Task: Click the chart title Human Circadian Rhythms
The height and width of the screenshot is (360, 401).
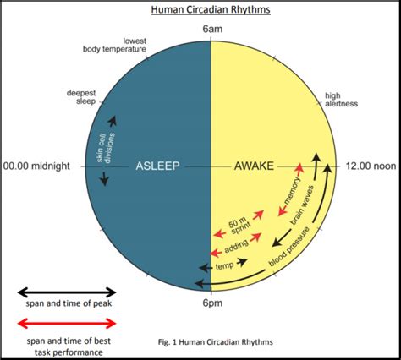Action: pos(211,9)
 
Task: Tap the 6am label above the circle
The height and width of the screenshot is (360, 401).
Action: pos(212,29)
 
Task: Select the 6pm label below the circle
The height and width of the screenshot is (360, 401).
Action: pos(212,303)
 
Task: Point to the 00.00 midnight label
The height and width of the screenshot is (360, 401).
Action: pos(36,166)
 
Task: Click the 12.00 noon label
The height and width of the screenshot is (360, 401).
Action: pos(371,166)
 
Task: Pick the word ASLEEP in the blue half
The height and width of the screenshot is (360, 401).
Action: pos(157,166)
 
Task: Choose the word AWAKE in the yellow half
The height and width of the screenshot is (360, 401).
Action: pos(254,166)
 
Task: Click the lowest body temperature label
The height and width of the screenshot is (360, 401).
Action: pos(114,45)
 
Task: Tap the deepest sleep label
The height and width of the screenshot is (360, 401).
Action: pos(81,97)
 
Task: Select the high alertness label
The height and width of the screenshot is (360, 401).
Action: pos(341,100)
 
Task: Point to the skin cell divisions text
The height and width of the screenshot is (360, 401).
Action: pos(106,148)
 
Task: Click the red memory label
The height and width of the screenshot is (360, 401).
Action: pos(292,191)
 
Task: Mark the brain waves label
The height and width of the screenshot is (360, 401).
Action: pos(302,205)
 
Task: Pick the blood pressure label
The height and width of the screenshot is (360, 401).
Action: pos(288,246)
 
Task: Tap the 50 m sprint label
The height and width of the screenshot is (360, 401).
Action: pos(239,226)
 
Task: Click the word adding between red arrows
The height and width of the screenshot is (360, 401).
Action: pos(236,246)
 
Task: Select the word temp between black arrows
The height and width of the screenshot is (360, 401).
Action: pos(224,265)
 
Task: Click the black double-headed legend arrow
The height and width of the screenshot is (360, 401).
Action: pos(67,292)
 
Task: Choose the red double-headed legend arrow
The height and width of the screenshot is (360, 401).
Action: pos(67,323)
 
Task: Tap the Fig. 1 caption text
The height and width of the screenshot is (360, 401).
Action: pos(216,342)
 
